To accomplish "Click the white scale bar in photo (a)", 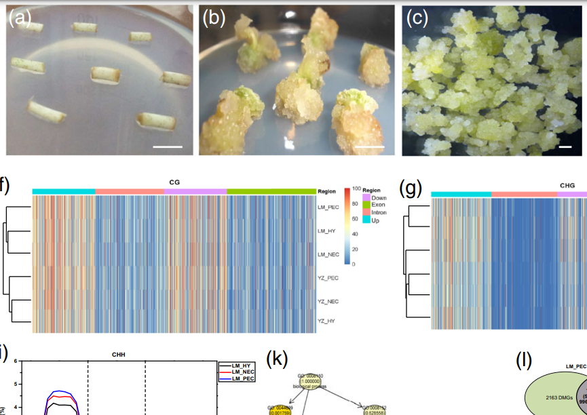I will click(168, 146).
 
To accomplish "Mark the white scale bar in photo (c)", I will click(563, 146).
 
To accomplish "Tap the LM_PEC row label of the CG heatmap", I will click(328, 207).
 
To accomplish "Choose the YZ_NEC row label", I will click(328, 300).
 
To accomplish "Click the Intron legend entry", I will click(379, 213).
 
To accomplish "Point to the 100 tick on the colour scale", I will click(356, 189).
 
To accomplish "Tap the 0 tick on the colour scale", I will click(354, 263).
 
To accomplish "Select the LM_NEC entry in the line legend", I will click(243, 372).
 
